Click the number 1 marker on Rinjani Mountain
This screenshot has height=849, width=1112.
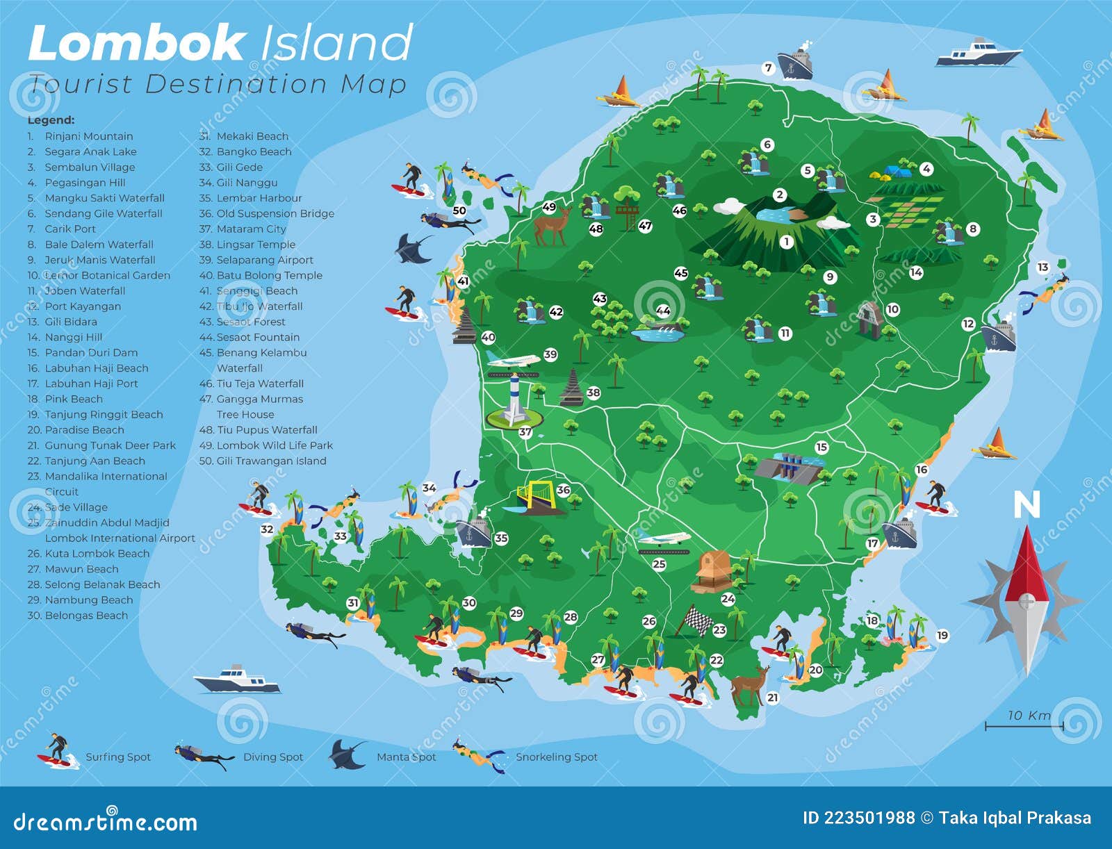coord(786,242)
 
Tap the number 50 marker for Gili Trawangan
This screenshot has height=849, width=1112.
coord(459,211)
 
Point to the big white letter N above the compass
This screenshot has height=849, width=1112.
coord(1027,505)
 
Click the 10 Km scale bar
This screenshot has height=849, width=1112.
coord(1024,726)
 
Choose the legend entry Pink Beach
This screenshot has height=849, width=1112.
coord(73,399)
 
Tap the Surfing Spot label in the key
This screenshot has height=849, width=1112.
coord(117,757)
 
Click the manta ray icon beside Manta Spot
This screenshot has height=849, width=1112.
coord(347,755)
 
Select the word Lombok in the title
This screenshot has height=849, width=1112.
coord(136,43)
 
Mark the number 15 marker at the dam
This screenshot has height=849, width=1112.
coord(821,447)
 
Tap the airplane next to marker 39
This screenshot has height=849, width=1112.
coord(513,360)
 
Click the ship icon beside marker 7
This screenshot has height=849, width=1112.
coord(795,64)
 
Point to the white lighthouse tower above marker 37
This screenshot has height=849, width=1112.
coord(514,399)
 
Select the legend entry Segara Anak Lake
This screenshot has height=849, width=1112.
coord(90,151)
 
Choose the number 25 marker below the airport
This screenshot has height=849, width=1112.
coord(659,564)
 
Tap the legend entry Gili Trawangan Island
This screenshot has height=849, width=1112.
coord(271,461)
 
